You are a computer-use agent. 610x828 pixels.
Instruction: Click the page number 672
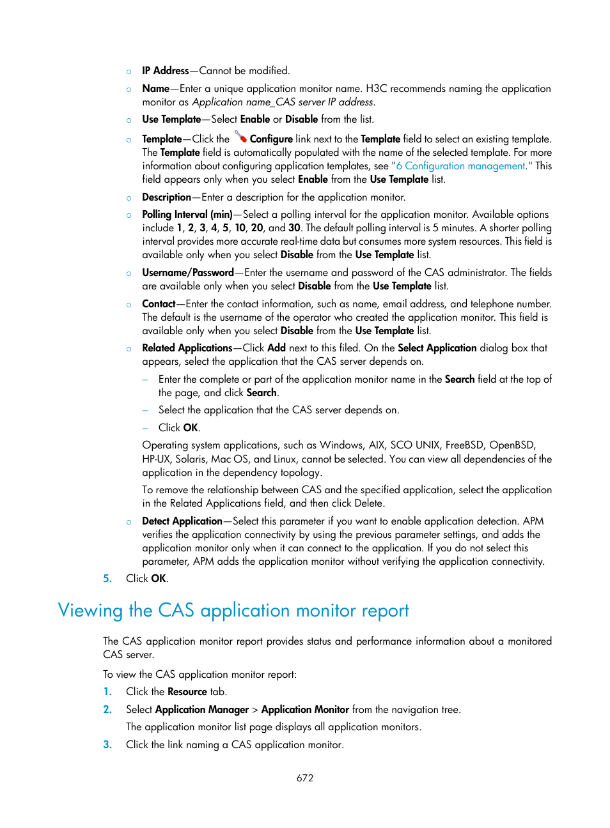pyautogui.click(x=305, y=778)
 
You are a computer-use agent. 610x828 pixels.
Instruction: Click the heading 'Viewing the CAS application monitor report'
pyautogui.click(x=233, y=611)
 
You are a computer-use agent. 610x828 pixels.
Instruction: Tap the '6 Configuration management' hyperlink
pyautogui.click(x=460, y=166)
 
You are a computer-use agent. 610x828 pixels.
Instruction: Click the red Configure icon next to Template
pyautogui.click(x=240, y=137)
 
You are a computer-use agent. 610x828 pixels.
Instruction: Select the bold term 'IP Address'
pyautogui.click(x=165, y=71)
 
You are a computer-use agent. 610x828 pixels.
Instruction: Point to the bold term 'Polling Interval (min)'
pyautogui.click(x=187, y=215)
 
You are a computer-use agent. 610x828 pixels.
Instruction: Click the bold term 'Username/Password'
pyautogui.click(x=187, y=273)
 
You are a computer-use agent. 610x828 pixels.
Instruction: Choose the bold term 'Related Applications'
pyautogui.click(x=187, y=348)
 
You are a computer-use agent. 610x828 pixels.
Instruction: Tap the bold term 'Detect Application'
pyautogui.click(x=182, y=521)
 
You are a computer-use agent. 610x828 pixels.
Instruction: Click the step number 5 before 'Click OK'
pyautogui.click(x=107, y=579)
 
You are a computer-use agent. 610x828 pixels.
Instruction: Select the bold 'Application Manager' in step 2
pyautogui.click(x=201, y=710)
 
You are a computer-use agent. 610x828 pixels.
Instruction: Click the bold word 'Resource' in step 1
pyautogui.click(x=187, y=692)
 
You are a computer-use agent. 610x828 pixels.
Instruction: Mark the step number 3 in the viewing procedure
pyautogui.click(x=107, y=745)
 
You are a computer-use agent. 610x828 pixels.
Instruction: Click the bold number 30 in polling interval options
pyautogui.click(x=294, y=228)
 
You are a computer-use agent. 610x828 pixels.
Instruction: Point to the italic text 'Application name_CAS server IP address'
pyautogui.click(x=283, y=102)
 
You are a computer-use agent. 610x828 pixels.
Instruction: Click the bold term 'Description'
pyautogui.click(x=166, y=197)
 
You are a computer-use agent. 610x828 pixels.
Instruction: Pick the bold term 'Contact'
pyautogui.click(x=159, y=304)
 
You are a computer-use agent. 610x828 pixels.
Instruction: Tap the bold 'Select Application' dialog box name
pyautogui.click(x=437, y=348)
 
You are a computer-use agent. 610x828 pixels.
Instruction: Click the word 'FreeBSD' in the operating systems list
pyautogui.click(x=464, y=445)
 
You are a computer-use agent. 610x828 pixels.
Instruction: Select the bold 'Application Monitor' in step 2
pyautogui.click(x=305, y=710)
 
